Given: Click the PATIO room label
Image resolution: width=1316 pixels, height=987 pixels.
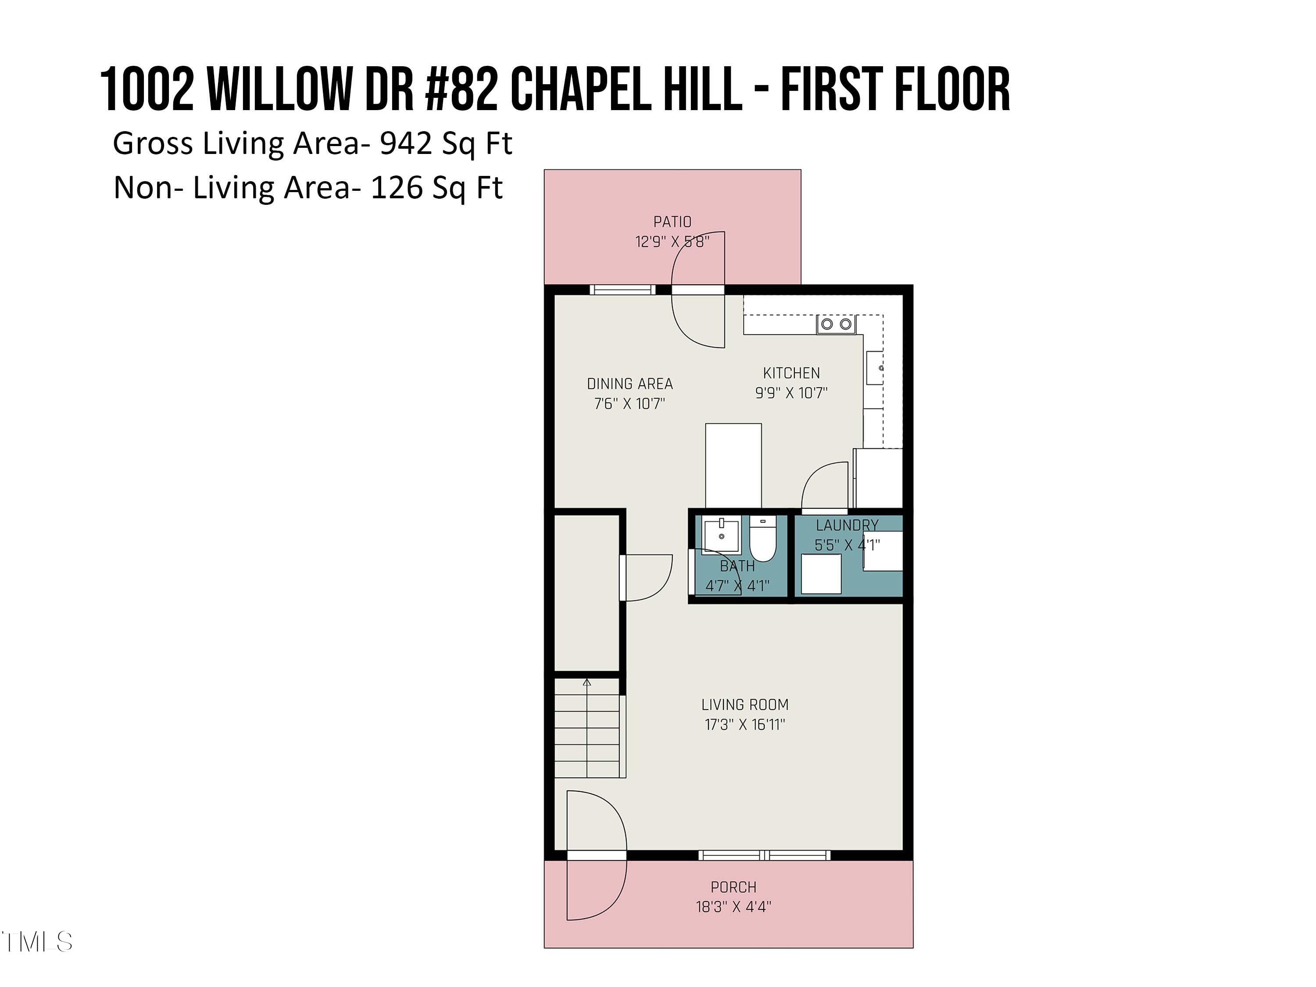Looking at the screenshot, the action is click(x=672, y=222).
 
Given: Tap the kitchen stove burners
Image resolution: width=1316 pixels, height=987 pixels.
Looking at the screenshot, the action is click(x=836, y=324).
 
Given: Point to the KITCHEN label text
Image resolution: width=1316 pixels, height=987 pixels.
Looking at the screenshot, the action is click(x=791, y=373).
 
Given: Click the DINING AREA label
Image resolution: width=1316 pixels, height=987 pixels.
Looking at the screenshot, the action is click(x=629, y=384).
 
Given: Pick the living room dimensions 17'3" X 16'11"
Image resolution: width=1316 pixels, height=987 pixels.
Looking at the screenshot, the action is click(x=745, y=724).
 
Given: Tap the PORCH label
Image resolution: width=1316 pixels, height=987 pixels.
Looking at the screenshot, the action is click(x=733, y=887).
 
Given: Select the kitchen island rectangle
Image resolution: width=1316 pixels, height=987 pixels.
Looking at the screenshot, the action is click(x=733, y=466).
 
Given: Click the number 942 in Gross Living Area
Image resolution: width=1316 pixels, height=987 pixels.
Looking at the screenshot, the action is click(x=405, y=143).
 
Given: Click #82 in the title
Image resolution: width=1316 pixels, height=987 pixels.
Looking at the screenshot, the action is click(x=461, y=89).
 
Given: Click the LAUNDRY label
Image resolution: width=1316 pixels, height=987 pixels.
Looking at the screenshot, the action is click(x=847, y=526).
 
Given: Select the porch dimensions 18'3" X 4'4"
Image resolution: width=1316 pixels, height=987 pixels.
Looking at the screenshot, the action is click(x=733, y=907).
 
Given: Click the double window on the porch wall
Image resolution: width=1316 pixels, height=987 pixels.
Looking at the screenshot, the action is click(x=765, y=855).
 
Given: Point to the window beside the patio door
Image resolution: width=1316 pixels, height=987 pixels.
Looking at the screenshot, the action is click(x=622, y=290).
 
